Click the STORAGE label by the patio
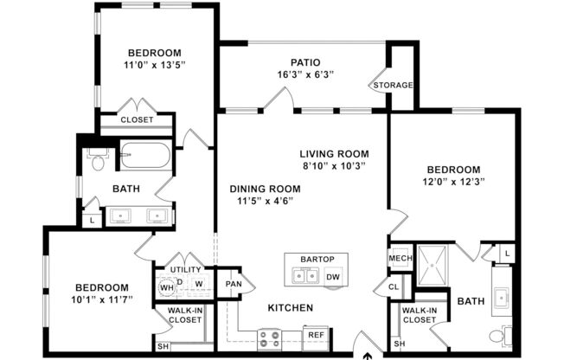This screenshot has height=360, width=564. (393, 85)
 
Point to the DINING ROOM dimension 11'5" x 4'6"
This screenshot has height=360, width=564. (265, 202)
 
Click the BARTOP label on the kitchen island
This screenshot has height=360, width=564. (317, 260)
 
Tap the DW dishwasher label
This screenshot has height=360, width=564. (333, 277)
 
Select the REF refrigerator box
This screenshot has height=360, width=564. (316, 334)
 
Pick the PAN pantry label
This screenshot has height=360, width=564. (234, 283)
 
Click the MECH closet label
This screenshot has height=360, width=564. (400, 259)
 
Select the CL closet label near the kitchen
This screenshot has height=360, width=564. (394, 286)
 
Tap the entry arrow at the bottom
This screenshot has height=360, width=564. (369, 354)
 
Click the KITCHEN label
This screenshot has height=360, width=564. (290, 307)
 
